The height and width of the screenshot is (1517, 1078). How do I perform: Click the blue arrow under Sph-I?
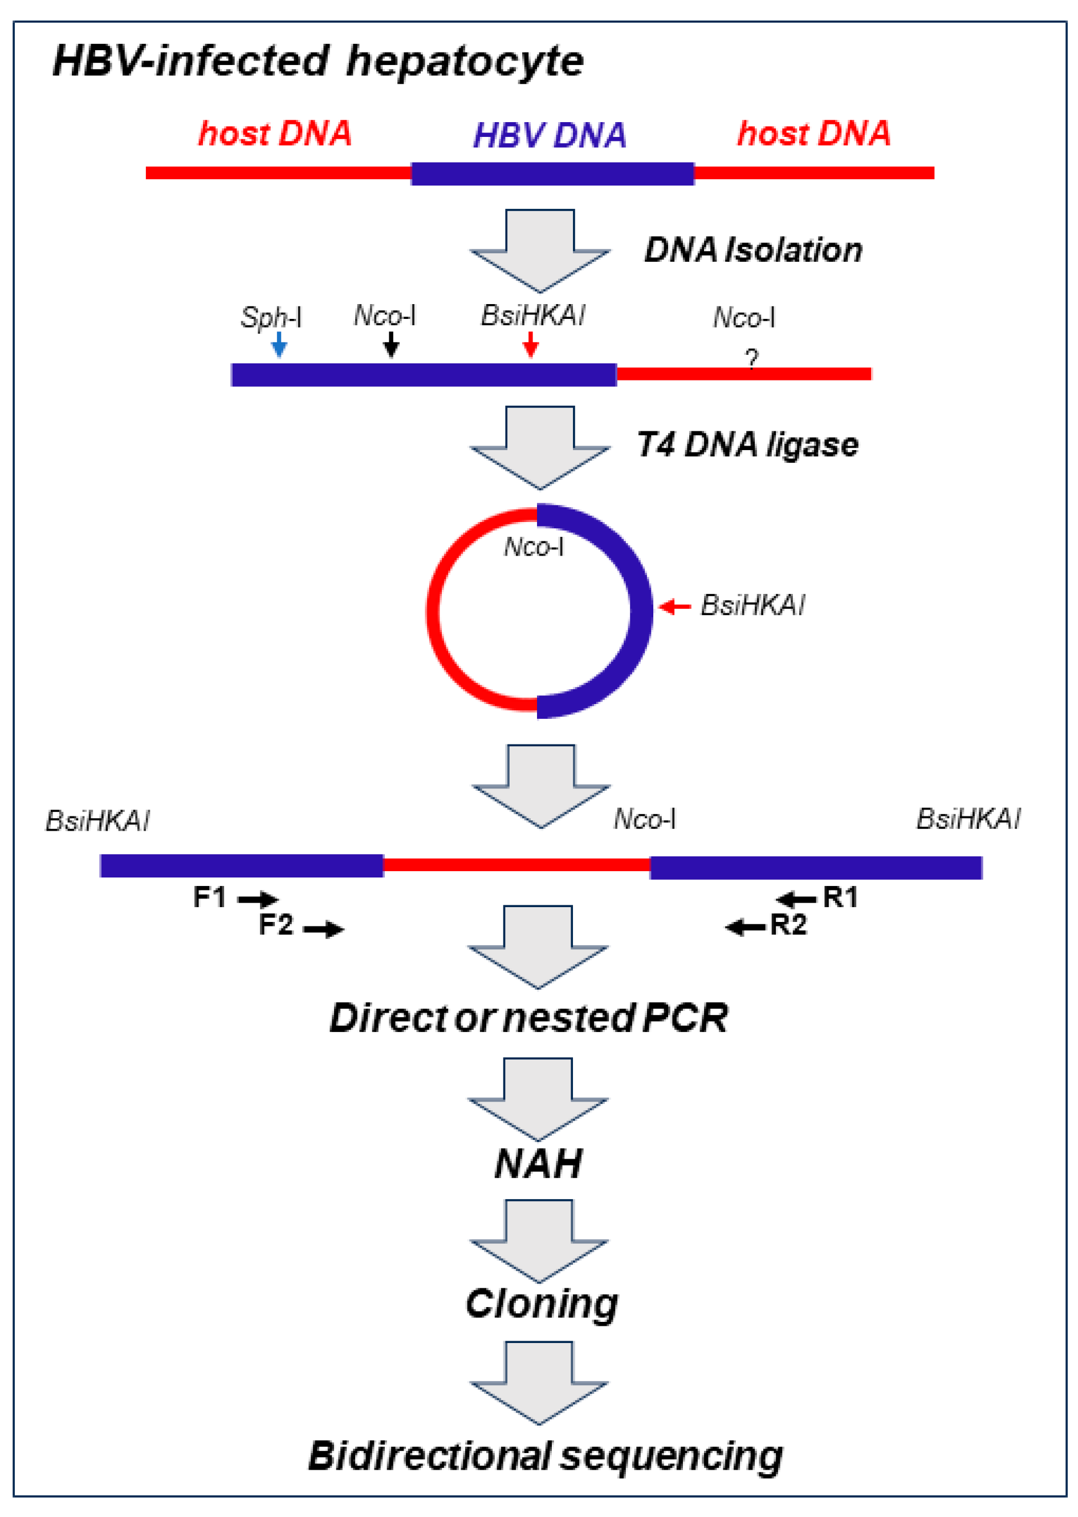pyautogui.click(x=279, y=344)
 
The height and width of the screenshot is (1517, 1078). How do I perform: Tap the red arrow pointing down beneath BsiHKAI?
pyautogui.click(x=530, y=344)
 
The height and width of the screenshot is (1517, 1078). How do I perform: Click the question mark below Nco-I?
pyautogui.click(x=751, y=359)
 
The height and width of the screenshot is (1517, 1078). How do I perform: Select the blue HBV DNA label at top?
pyautogui.click(x=550, y=135)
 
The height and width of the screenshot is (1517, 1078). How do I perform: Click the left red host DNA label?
pyautogui.click(x=275, y=134)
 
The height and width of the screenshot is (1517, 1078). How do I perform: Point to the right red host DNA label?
pyautogui.click(x=814, y=134)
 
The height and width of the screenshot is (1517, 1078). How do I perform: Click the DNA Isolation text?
pyautogui.click(x=754, y=250)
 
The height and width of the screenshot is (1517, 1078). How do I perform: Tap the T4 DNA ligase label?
pyautogui.click(x=747, y=444)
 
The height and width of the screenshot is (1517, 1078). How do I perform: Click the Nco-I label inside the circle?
pyautogui.click(x=534, y=547)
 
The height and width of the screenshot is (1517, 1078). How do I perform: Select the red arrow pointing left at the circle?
pyautogui.click(x=676, y=606)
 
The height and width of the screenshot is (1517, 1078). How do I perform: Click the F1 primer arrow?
pyautogui.click(x=258, y=899)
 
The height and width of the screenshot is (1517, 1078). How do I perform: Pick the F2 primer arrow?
pyautogui.click(x=324, y=929)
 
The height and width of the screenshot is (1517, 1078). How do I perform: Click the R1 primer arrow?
pyautogui.click(x=796, y=899)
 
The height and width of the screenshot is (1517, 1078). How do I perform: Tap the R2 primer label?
pyautogui.click(x=788, y=925)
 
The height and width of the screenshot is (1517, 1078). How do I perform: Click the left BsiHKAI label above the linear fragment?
pyautogui.click(x=97, y=822)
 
